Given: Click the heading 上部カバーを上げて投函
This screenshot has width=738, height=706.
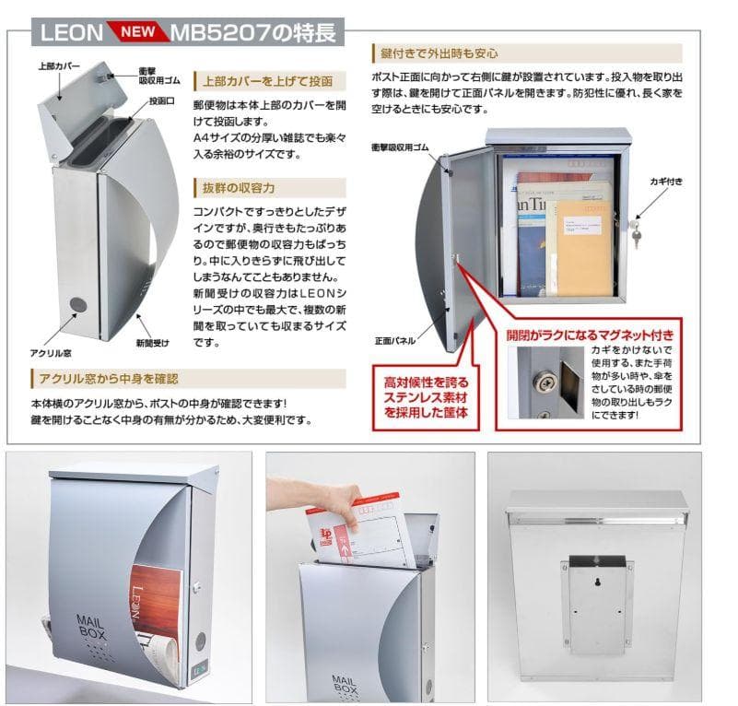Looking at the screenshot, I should pos(266,80).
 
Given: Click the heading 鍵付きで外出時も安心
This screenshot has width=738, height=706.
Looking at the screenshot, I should pos(439,53).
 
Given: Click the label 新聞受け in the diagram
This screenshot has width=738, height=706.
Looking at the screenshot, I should pos(152,343).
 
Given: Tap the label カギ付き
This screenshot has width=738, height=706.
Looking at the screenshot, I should pos(665,182).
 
